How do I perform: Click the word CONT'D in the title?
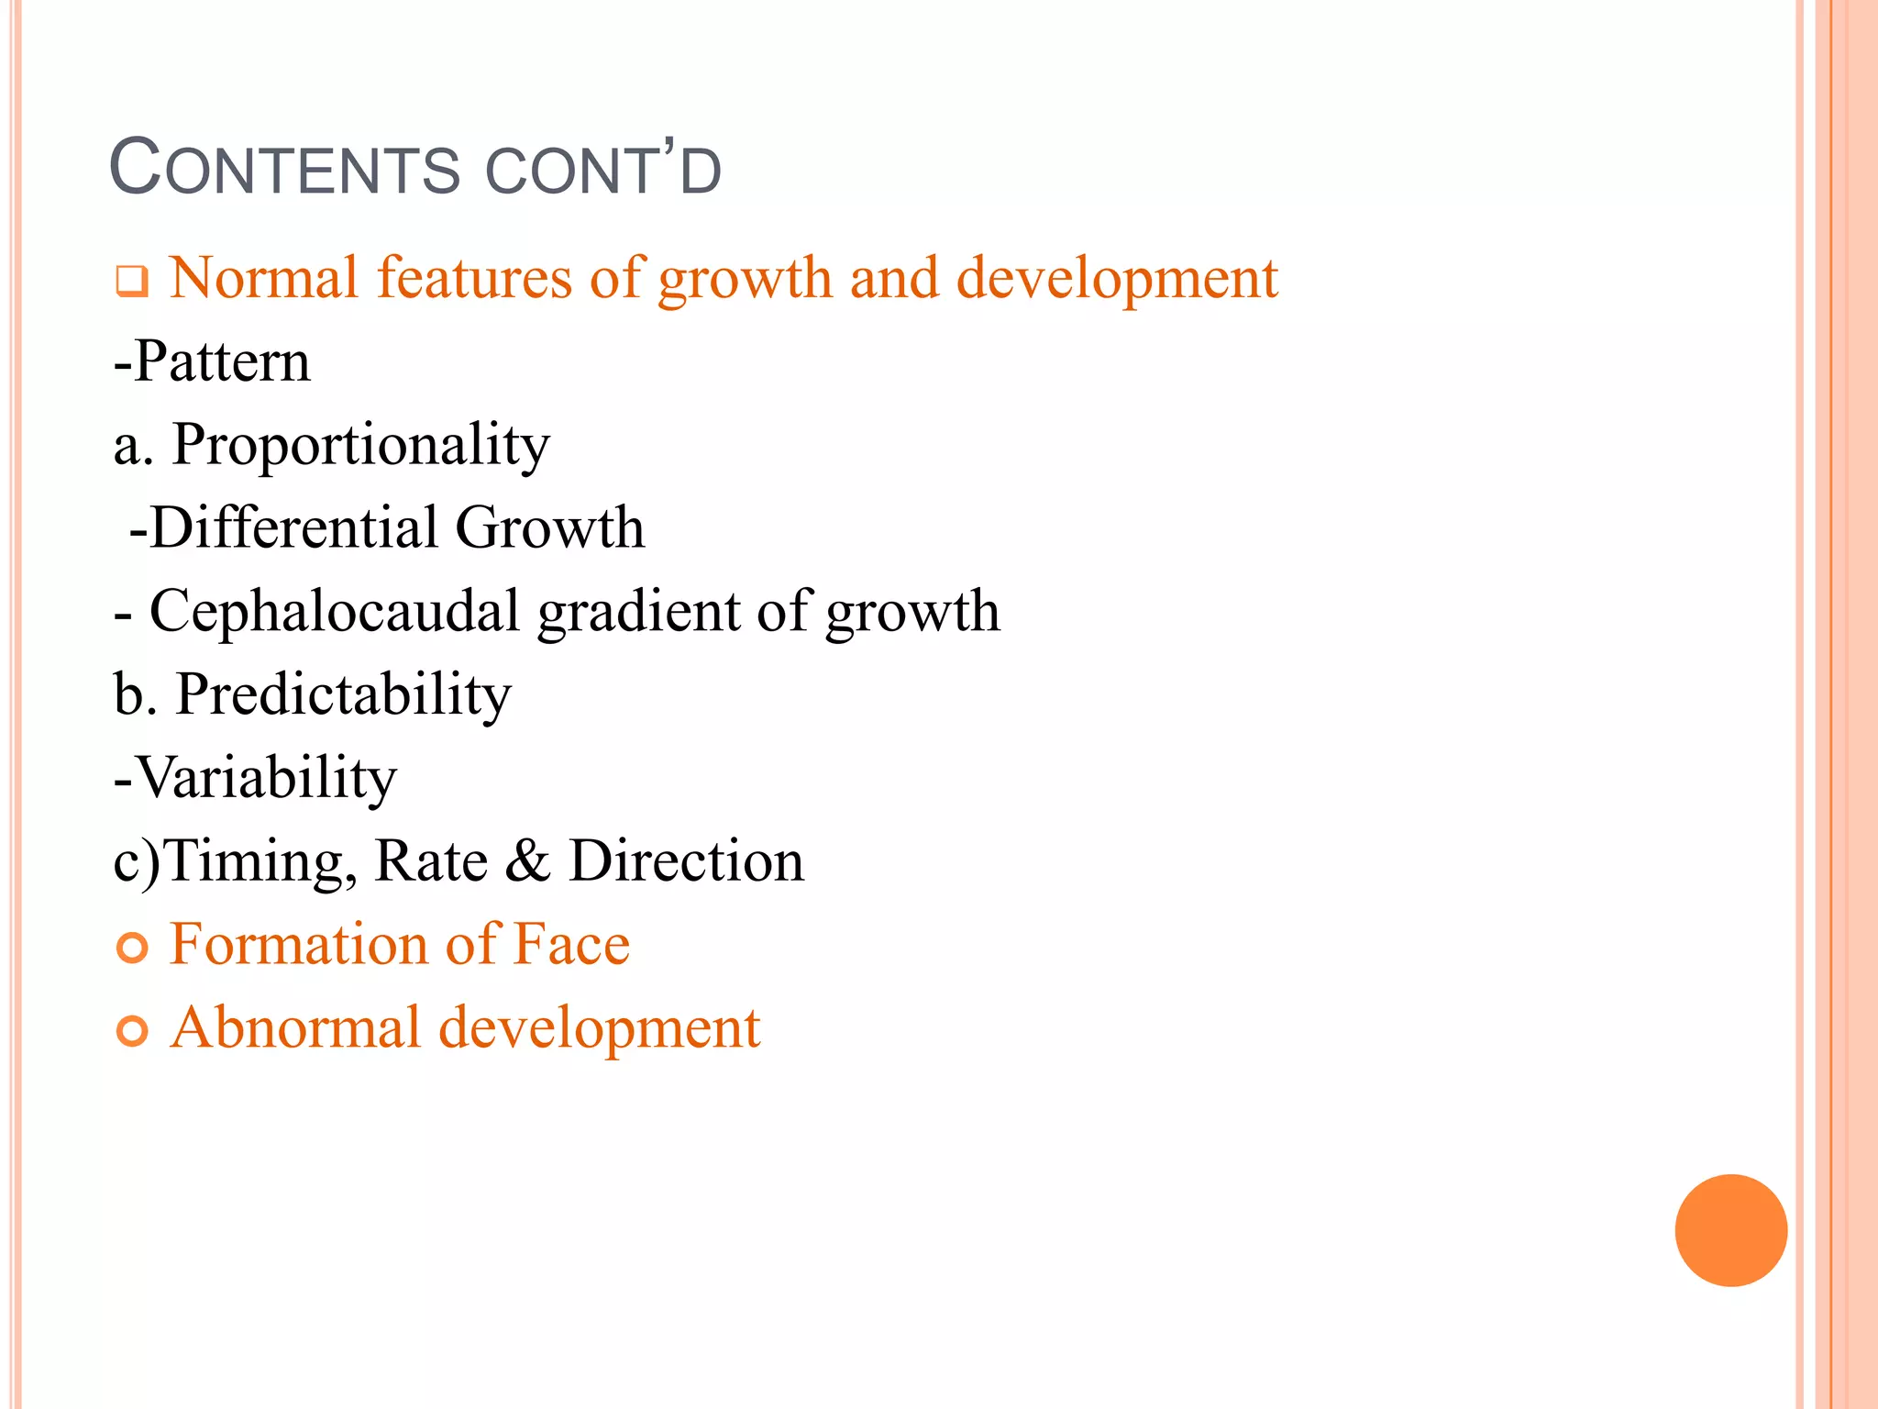tap(602, 170)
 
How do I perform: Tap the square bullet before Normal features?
tap(131, 281)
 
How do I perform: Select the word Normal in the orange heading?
tap(264, 278)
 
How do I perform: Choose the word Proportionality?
tap(361, 446)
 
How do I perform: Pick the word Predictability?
tap(343, 694)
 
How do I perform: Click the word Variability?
tap(266, 779)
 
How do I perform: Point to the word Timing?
tap(260, 862)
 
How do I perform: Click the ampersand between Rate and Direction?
tap(527, 861)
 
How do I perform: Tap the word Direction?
tap(686, 861)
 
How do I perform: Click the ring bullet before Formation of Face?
tap(133, 948)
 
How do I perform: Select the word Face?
tap(571, 944)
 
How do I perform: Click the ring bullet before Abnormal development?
tap(133, 1031)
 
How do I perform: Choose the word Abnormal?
tap(295, 1027)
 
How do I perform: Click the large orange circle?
tap(1730, 1230)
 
